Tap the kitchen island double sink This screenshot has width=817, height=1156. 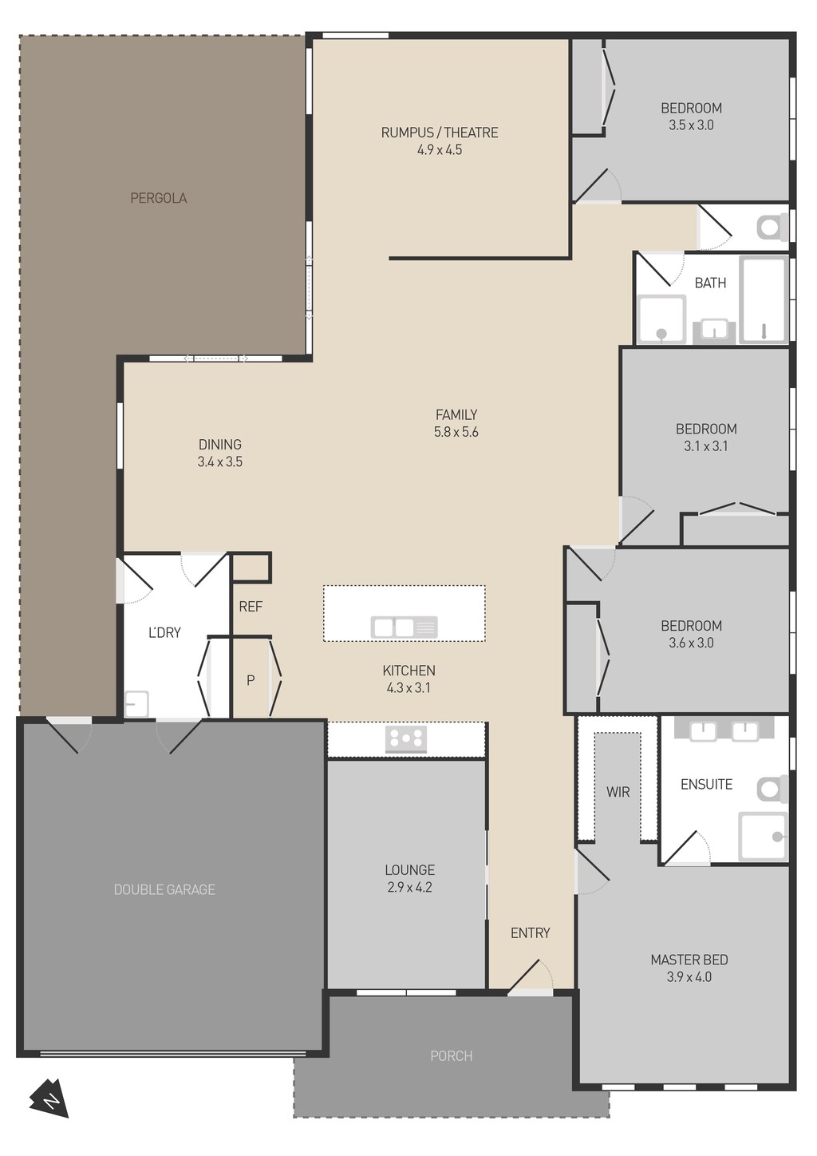(405, 627)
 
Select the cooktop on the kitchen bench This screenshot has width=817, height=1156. (406, 739)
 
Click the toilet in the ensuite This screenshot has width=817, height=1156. (772, 789)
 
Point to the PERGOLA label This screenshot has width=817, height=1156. (158, 198)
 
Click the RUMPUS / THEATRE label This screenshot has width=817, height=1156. (440, 133)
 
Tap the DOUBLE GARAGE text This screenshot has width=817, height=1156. (164, 889)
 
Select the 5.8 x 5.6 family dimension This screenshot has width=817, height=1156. (456, 432)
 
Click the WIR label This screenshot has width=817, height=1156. (618, 791)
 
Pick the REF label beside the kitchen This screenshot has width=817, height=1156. (251, 607)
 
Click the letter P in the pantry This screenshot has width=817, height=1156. (251, 680)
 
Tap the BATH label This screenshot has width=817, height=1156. (710, 283)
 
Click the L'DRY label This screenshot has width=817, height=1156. (164, 632)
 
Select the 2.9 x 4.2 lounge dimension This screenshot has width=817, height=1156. (409, 887)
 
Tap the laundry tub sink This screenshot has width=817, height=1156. (136, 704)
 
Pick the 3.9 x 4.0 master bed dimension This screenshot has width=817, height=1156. (689, 977)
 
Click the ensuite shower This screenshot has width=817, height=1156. (764, 837)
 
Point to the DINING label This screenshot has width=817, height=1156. (220, 445)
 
